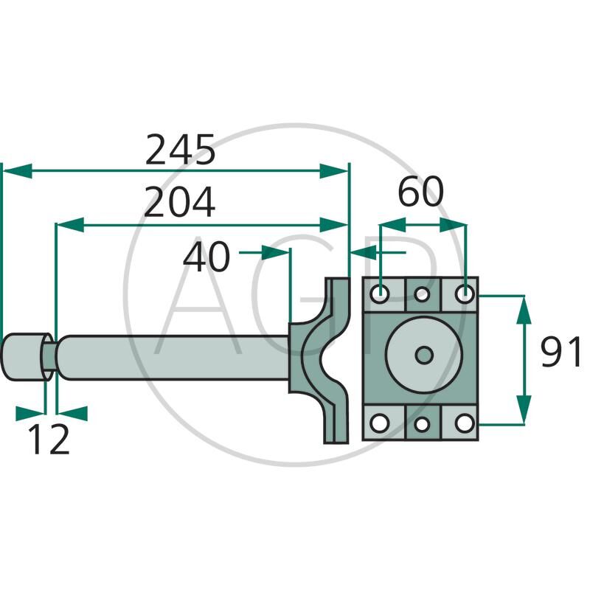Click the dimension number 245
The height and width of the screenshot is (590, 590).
pos(180,150)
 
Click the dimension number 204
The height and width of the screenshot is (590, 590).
pos(179,203)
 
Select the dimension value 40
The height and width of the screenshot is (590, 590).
pos(206,257)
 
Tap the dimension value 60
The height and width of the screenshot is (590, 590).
pos(421,192)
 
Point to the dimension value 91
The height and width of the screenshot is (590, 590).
pos(560,352)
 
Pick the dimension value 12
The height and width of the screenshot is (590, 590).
pos(49,440)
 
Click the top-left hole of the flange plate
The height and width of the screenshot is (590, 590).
pos(380,294)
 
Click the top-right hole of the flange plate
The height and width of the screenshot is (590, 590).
pos(463,294)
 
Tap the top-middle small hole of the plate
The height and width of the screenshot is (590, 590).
pos(422,295)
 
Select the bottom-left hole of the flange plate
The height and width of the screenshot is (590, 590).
pos(380,423)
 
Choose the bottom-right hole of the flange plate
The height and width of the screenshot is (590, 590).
pos(463,423)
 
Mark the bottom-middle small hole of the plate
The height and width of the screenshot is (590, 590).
pos(422,424)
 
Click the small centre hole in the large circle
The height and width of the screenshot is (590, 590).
pos(423,355)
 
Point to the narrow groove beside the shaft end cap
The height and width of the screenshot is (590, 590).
pos(47,356)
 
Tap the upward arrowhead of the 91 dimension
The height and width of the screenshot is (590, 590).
pos(524,308)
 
